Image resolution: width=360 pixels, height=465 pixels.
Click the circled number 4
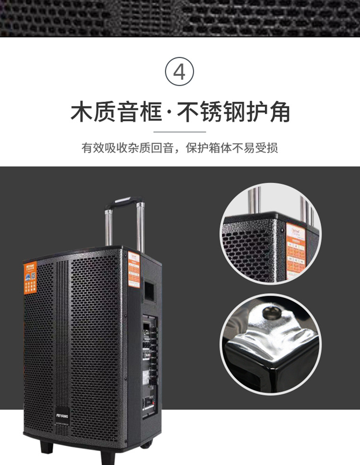click(x=179, y=72)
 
